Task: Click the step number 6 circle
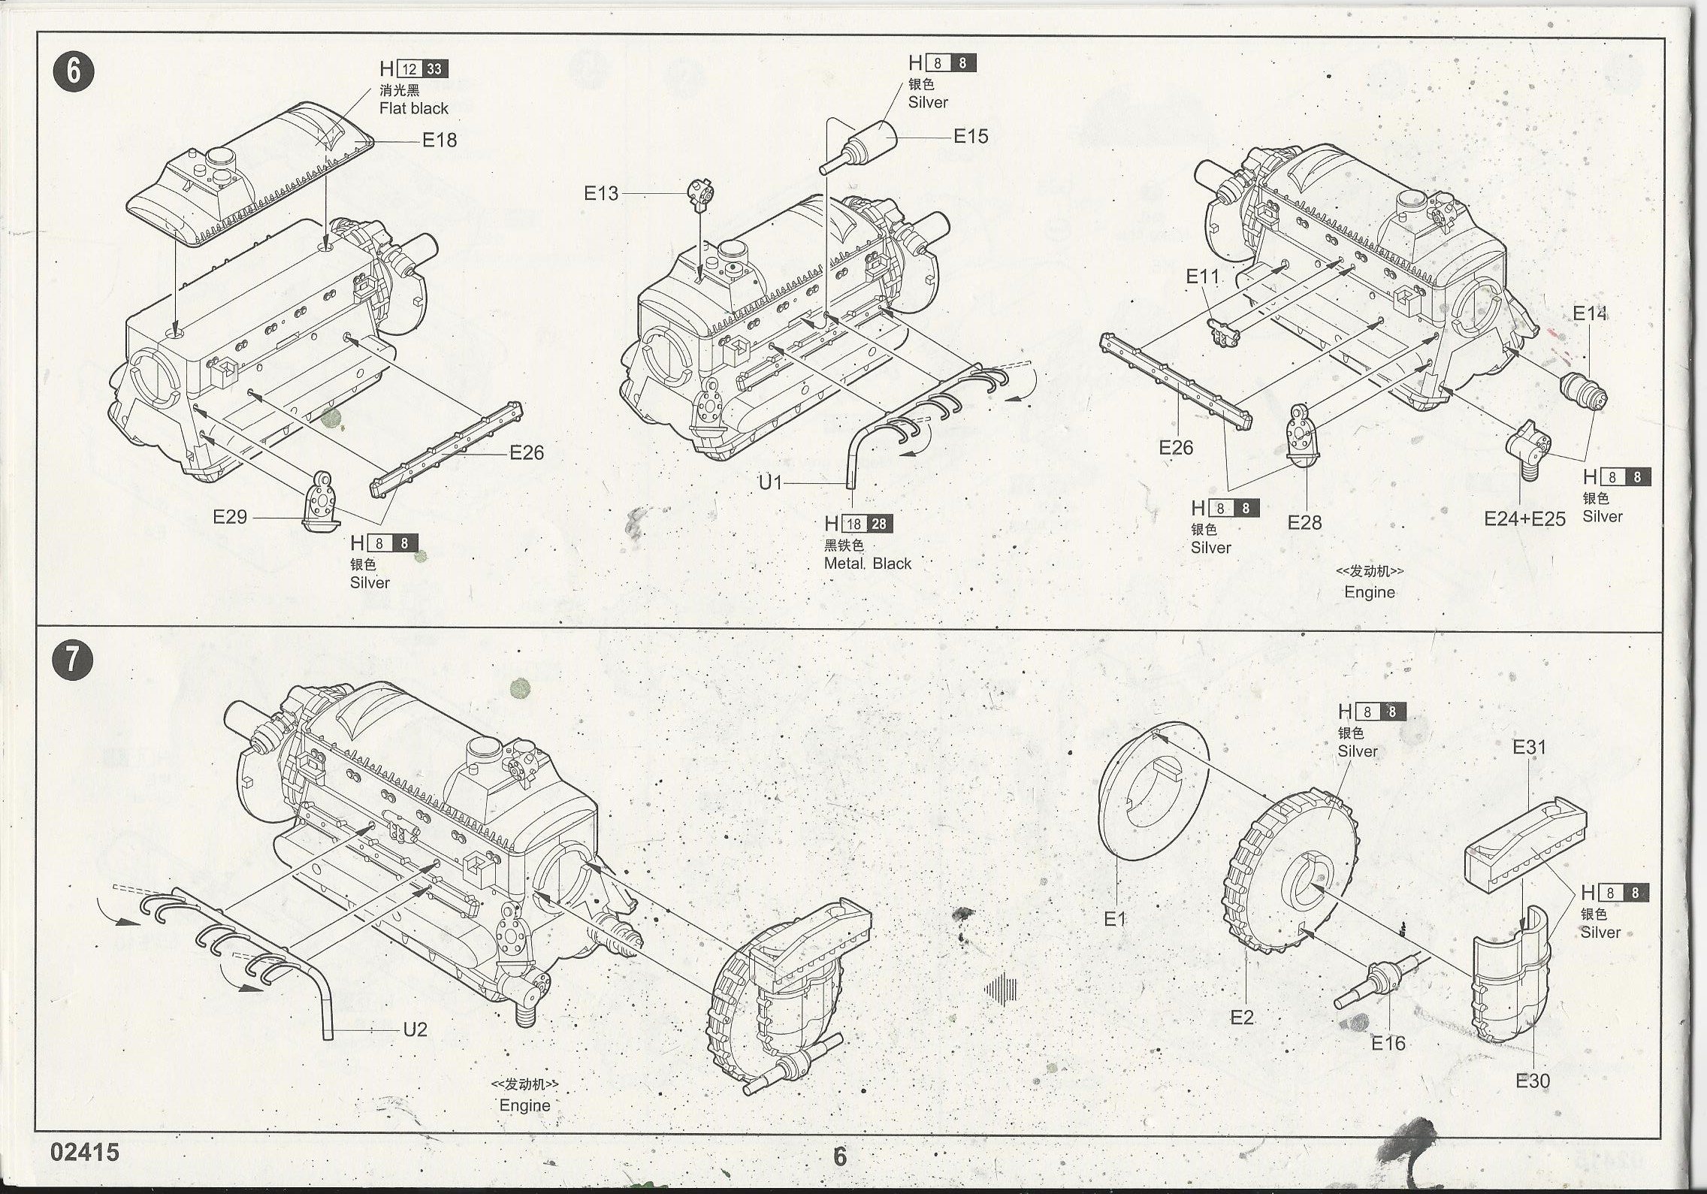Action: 74,72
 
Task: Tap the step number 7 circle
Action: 74,660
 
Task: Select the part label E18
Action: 440,140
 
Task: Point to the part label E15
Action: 971,136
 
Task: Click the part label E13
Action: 601,193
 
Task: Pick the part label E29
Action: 230,516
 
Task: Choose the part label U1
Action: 770,482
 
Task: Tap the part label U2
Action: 415,1029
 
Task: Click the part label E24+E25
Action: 1524,519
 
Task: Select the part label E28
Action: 1304,522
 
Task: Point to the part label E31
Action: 1529,747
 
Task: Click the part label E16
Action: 1388,1043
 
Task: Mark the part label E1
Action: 1115,918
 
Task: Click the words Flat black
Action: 413,108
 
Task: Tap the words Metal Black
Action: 867,564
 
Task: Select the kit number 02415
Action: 85,1153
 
